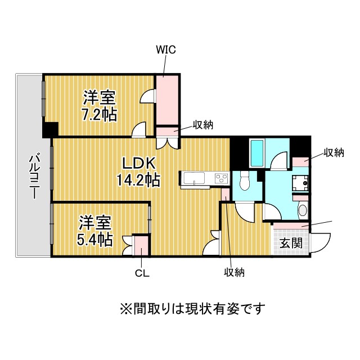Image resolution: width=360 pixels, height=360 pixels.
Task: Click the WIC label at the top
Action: [166, 49]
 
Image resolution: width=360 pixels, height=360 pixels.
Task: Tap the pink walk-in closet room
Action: [168, 100]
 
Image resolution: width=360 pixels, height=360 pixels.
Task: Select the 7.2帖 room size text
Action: [100, 114]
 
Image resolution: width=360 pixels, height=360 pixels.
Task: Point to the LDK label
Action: [139, 164]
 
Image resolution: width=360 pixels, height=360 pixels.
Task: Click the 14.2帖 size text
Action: [138, 180]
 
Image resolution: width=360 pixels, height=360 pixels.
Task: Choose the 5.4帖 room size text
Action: [94, 240]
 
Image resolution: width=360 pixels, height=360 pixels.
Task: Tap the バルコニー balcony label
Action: [34, 177]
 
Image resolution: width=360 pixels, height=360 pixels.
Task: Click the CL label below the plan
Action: [142, 273]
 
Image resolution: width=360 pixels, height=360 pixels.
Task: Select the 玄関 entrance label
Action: [291, 243]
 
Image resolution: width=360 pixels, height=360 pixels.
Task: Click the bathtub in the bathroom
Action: [257, 153]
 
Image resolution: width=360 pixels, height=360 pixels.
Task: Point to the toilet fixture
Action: [244, 181]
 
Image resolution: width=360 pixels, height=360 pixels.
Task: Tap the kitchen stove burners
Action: [221, 178]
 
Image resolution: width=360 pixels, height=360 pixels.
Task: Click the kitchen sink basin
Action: [194, 178]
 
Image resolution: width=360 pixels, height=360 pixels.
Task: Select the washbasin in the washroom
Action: [303, 210]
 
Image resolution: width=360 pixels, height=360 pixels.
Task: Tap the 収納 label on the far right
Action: [334, 152]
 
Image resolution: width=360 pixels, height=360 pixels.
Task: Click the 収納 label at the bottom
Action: [234, 272]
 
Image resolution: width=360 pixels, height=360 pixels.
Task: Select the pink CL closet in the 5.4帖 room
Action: [141, 245]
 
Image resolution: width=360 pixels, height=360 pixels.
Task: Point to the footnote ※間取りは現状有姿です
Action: [192, 309]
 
